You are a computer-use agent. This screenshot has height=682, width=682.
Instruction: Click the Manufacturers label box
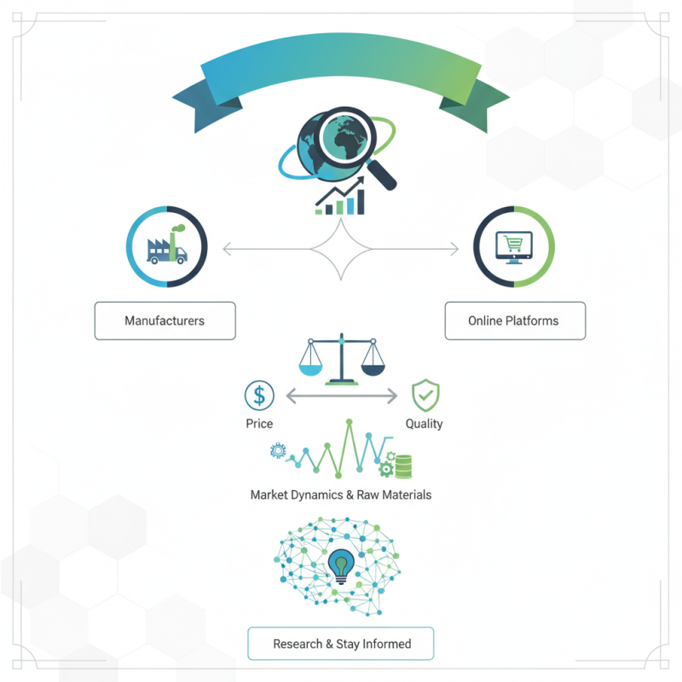(x=165, y=321)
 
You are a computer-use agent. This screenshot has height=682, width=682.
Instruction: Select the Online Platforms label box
(x=513, y=321)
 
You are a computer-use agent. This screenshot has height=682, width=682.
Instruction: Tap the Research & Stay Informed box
(x=341, y=644)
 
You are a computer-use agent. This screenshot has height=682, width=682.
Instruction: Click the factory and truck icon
(x=167, y=246)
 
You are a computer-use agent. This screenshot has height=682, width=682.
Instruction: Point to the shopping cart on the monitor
(x=514, y=246)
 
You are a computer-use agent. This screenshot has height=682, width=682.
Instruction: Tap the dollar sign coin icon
(x=259, y=396)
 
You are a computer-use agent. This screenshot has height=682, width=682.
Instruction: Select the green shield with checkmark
(x=425, y=396)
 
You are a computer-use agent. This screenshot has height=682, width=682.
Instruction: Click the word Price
(x=259, y=424)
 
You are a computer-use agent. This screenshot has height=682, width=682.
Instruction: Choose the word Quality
(x=424, y=424)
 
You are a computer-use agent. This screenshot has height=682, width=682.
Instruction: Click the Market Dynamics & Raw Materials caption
(x=341, y=494)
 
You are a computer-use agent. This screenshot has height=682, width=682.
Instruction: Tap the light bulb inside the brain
(x=342, y=565)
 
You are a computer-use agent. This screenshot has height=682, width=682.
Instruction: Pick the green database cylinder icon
(x=402, y=466)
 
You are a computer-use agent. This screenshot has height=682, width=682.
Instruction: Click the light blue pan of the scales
(x=310, y=366)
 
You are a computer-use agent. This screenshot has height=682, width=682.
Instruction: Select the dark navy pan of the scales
(x=373, y=366)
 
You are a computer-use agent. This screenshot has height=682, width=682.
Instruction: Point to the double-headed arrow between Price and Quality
(x=341, y=396)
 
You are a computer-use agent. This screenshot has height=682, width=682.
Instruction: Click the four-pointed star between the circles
(x=341, y=248)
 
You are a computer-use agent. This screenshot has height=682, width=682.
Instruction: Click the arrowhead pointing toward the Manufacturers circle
(x=226, y=249)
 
